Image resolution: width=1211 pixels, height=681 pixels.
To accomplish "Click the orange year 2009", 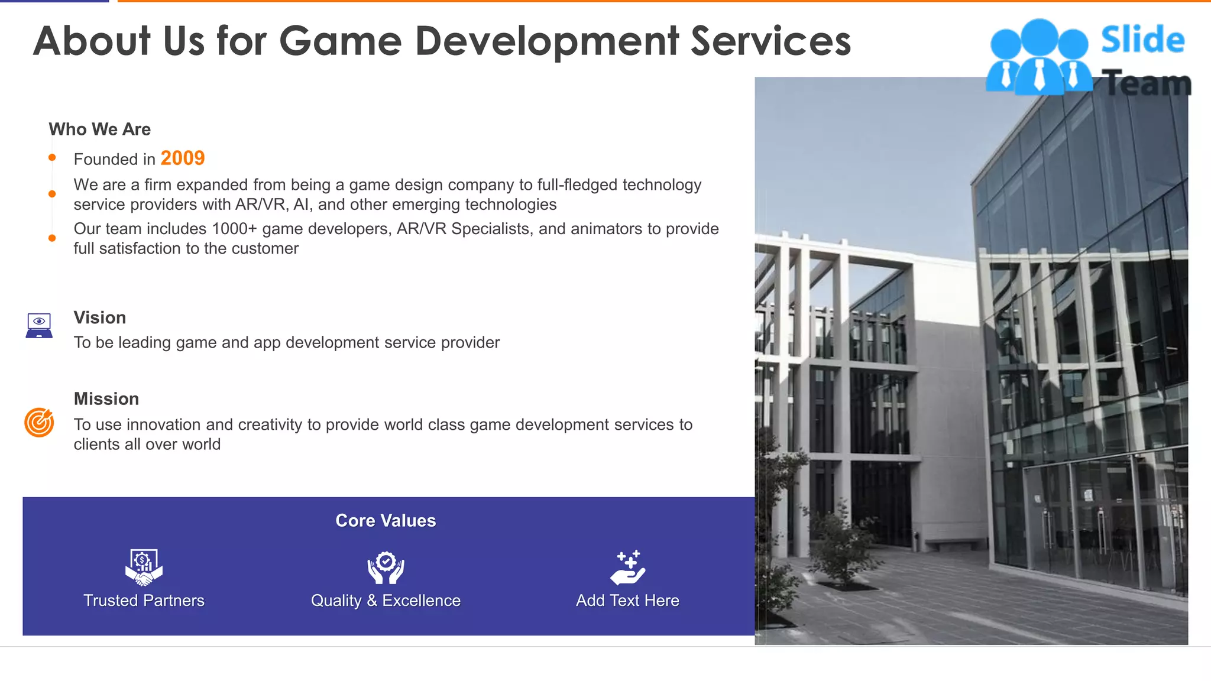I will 182,158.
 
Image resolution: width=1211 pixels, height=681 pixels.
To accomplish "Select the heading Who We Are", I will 99,129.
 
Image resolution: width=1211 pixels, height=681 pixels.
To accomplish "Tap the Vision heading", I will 99,317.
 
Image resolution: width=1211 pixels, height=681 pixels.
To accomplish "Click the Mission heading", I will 106,399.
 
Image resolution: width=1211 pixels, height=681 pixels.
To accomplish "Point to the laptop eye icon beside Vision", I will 39,325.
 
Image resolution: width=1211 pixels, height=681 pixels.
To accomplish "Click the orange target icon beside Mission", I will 39,422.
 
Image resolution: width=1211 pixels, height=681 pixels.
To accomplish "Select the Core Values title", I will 386,520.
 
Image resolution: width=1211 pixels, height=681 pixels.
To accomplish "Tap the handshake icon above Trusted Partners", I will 144,567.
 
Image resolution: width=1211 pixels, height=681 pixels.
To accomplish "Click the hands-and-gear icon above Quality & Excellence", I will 386,567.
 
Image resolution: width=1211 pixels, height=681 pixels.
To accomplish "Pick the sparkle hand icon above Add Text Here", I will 627,567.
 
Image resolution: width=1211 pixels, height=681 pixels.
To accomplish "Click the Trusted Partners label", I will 144,601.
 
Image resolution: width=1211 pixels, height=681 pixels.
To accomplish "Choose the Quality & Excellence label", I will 386,601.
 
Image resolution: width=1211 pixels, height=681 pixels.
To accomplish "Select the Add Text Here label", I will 627,601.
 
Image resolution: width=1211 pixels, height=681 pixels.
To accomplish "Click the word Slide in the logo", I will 1142,40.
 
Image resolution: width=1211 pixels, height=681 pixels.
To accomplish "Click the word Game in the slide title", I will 340,41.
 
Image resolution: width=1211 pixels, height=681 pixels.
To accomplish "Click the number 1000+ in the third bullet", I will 234,229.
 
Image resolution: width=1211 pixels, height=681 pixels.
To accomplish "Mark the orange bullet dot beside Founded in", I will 52,157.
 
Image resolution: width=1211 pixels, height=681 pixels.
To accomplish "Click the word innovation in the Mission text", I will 164,424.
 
